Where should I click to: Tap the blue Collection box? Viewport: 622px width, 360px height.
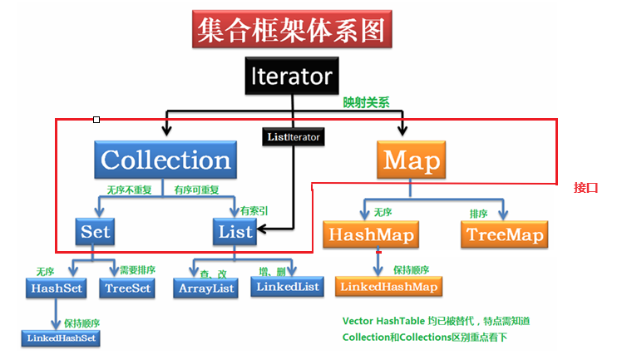(165, 160)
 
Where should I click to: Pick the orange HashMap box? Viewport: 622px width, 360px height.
(371, 235)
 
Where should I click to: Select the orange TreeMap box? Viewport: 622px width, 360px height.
(504, 235)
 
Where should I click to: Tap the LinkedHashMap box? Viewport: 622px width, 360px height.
(389, 287)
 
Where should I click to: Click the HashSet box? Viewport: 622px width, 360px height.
(56, 288)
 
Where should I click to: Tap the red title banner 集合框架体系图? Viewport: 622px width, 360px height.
(290, 31)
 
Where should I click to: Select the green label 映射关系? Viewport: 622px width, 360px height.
(367, 102)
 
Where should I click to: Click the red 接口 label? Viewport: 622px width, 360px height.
(585, 188)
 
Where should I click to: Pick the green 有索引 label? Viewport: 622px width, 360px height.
(254, 210)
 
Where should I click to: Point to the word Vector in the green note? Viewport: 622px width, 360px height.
(358, 320)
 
